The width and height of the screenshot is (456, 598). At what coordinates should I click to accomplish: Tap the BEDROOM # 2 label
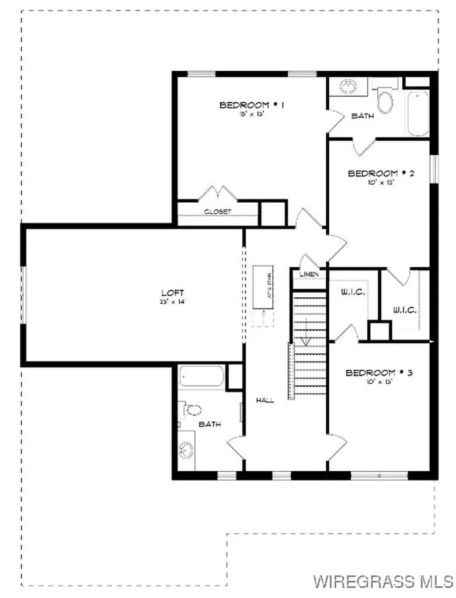point(373,173)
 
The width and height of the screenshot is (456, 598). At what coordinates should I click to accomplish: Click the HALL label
point(265,401)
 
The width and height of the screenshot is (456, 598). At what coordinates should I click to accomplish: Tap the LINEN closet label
point(308,274)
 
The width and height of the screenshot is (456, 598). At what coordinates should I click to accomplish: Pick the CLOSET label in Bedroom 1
point(217,211)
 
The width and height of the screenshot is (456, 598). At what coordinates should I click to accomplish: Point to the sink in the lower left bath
point(186,450)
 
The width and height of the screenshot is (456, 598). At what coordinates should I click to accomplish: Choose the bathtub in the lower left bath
point(202,377)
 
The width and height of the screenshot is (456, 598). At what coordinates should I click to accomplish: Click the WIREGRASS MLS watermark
point(382,581)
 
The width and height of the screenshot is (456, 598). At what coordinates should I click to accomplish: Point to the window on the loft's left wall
point(23,295)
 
